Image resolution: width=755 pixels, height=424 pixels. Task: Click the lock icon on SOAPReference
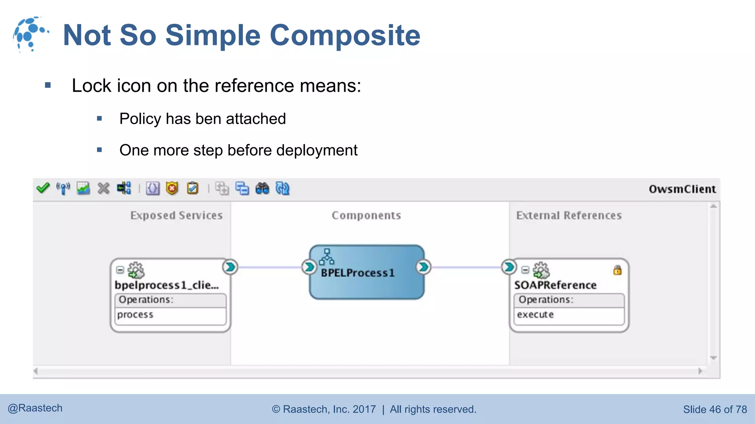pos(617,270)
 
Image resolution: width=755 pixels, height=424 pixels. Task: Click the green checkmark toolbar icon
pos(43,188)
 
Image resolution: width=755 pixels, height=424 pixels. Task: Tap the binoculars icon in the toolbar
pos(262,188)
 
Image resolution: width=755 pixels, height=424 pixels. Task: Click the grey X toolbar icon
pos(104,188)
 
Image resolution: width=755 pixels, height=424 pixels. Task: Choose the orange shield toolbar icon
pos(172,188)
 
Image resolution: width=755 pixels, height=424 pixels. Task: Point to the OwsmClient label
pos(682,189)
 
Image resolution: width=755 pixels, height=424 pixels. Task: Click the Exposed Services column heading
pos(176,215)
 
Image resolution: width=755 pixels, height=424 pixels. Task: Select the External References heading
pos(569,215)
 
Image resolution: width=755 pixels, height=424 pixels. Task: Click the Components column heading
pos(366,215)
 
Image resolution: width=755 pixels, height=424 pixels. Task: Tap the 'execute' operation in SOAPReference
pos(535,315)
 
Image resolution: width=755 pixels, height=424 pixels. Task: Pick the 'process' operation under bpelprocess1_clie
pos(135,315)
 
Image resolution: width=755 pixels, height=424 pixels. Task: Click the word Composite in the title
pos(345,35)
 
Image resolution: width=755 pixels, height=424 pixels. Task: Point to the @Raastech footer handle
pos(35,408)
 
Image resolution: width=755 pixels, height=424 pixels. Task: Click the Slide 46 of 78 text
pos(715,409)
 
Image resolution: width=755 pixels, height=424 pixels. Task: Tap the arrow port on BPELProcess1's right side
pos(424,267)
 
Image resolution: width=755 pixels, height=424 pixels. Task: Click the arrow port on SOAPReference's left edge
pos(509,267)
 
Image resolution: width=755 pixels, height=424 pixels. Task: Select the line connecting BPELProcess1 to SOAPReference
pos(466,267)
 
